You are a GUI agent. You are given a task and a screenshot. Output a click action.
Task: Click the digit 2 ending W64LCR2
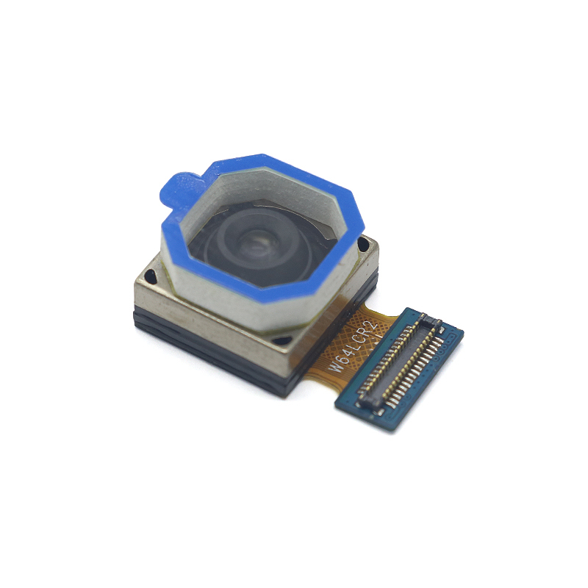[372, 326]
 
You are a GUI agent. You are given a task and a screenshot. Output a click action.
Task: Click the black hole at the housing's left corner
[150, 276]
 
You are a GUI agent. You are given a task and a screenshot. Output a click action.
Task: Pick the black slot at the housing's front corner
[282, 340]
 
